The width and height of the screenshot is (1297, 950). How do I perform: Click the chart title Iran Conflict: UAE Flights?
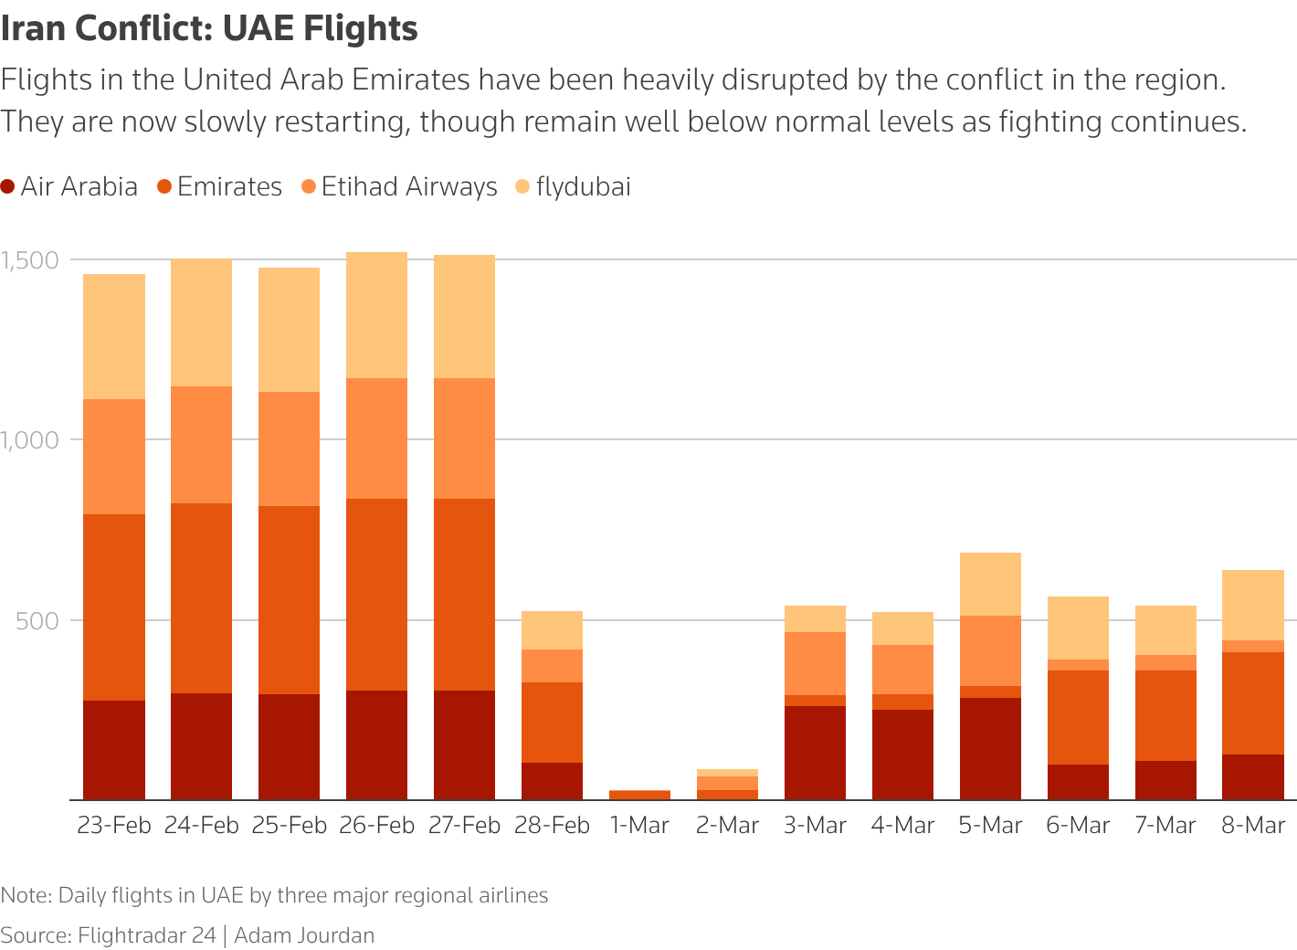coord(209,29)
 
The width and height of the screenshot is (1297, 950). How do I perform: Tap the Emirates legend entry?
coord(219,187)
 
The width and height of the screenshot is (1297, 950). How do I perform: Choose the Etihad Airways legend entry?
coord(399,187)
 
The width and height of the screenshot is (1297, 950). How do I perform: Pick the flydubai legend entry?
coord(573,187)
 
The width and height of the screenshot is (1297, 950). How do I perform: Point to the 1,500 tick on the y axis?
coord(30,260)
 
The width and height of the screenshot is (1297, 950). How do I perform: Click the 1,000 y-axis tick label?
coord(30,440)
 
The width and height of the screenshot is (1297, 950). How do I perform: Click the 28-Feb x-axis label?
coord(552,826)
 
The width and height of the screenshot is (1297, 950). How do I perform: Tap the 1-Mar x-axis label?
coord(639,826)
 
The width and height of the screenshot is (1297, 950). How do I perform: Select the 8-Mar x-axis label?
coord(1253,826)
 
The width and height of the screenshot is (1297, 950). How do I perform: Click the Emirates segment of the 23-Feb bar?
coord(114,607)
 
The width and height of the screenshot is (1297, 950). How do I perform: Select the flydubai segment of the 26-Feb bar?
coord(376,315)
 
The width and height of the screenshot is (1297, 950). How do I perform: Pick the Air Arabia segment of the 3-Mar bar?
coord(815,753)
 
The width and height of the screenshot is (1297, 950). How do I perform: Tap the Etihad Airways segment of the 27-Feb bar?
coord(464,438)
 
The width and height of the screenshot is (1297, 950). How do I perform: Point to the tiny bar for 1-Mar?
coord(639,795)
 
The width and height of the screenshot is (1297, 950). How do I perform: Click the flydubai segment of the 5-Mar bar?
coord(990,585)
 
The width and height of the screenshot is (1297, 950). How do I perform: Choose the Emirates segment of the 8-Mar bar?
coord(1253,703)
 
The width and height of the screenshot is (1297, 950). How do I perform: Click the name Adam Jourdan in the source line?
coord(304,935)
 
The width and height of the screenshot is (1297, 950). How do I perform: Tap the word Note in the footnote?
coord(25,895)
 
